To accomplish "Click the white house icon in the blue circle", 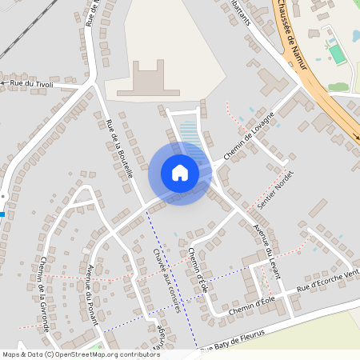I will tap(180, 172).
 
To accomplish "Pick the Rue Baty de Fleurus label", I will tap(240, 340).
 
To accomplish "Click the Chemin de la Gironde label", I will tap(45, 294).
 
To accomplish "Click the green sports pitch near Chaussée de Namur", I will tap(338, 53).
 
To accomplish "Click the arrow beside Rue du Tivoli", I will tap(4, 82).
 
